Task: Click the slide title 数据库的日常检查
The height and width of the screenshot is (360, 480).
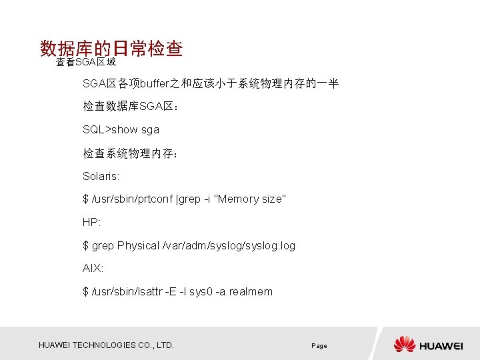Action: pos(111,49)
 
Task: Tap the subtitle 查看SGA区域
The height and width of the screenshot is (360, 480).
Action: pos(85,63)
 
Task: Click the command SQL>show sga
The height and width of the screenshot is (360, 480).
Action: pos(121,129)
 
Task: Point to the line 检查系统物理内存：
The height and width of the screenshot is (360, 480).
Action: pos(130,153)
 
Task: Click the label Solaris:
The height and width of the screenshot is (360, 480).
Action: pos(101,176)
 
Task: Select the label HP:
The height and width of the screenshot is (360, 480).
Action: pos(91,222)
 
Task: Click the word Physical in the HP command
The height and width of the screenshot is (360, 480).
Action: pos(138,245)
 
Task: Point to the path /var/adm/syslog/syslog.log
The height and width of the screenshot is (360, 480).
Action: pos(229,245)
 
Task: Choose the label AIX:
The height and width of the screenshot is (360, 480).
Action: pos(93,269)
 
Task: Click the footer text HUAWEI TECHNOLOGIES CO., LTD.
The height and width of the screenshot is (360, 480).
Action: pos(107,345)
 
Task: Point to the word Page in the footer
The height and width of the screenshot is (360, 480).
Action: pos(319,346)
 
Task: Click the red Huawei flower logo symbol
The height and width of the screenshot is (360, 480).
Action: pos(405,344)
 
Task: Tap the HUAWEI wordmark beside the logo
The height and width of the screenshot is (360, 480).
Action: pos(441,345)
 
